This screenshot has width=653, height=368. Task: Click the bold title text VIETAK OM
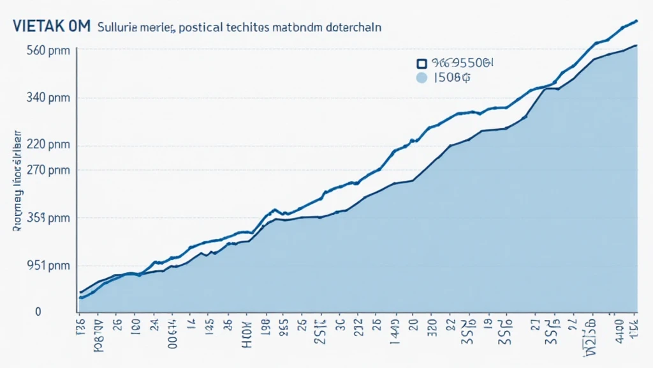pos(50,27)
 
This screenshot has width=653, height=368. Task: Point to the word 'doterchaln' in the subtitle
pos(352,28)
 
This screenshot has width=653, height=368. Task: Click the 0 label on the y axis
pos(38,312)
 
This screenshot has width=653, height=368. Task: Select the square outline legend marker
pos(420,63)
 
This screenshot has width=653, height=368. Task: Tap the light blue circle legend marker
pos(420,79)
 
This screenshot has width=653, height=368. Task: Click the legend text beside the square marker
pos(462,63)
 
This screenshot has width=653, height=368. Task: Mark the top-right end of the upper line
pos(636,21)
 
